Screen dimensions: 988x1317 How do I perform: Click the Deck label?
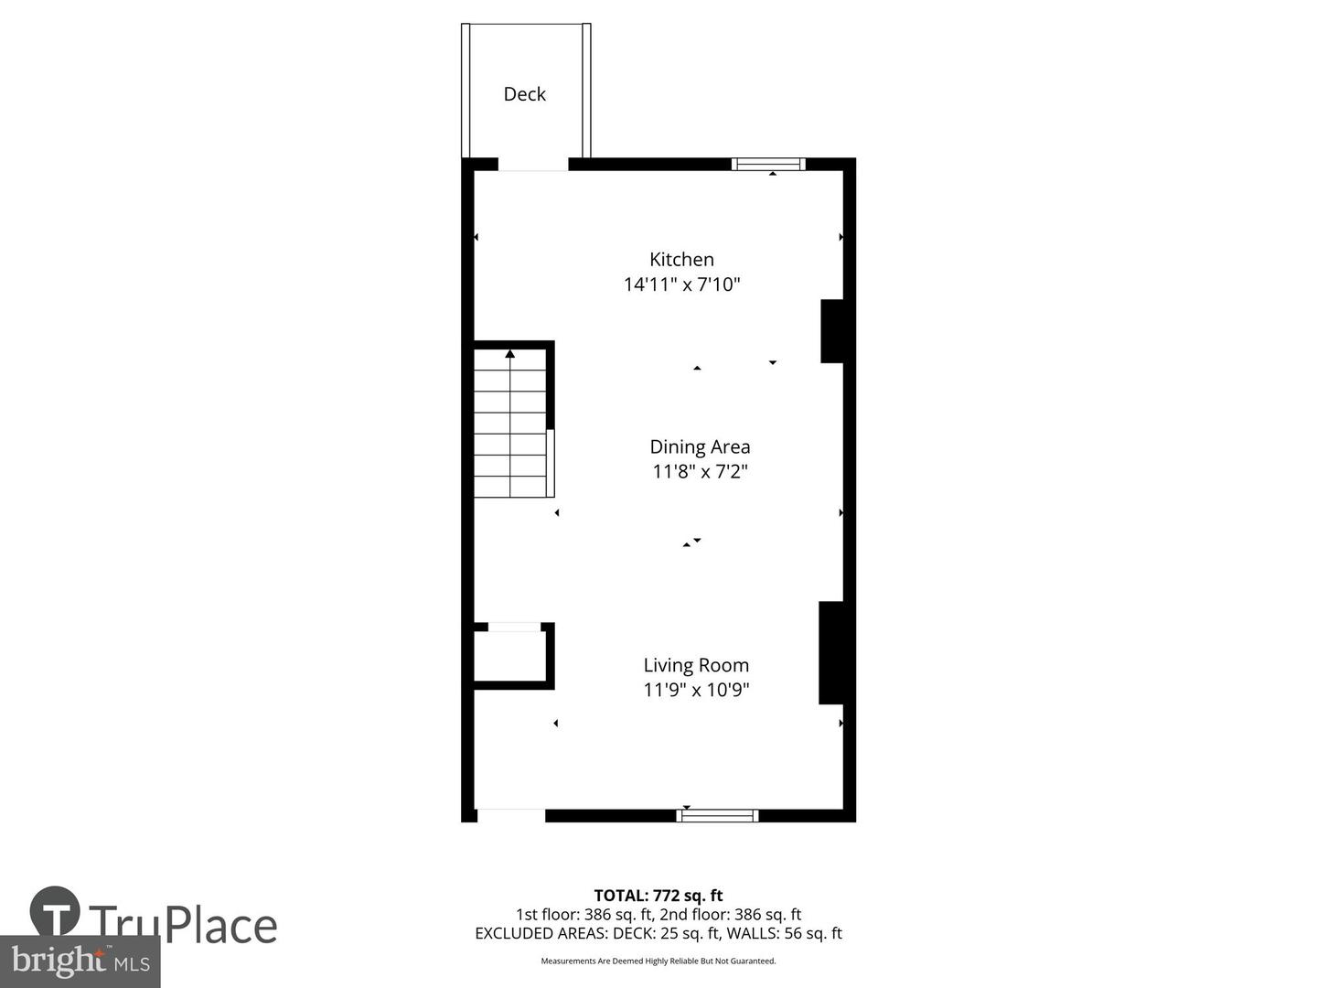(524, 94)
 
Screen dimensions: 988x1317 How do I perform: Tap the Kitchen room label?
(681, 260)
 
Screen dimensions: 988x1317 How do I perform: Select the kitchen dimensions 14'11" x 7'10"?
(681, 285)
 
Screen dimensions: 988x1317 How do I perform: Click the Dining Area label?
(700, 447)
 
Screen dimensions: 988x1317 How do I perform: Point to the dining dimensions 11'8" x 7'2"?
(700, 472)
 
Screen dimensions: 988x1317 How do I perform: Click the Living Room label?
(696, 666)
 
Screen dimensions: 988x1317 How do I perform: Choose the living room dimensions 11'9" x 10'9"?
(696, 690)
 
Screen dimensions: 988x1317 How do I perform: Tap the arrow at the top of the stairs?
(510, 354)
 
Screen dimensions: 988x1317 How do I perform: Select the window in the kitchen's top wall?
(768, 165)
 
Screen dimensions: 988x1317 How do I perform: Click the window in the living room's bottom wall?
(717, 815)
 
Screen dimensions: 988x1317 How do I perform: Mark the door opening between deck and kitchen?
(532, 166)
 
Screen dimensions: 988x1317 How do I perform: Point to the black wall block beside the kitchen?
(831, 331)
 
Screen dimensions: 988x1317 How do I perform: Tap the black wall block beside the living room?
(830, 652)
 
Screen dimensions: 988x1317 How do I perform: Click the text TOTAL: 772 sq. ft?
(658, 896)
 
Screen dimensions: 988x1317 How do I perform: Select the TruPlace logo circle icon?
(55, 912)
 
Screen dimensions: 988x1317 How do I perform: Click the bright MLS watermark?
(80, 961)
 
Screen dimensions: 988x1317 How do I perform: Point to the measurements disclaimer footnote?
(658, 961)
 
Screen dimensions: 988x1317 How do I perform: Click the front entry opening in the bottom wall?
(510, 815)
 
